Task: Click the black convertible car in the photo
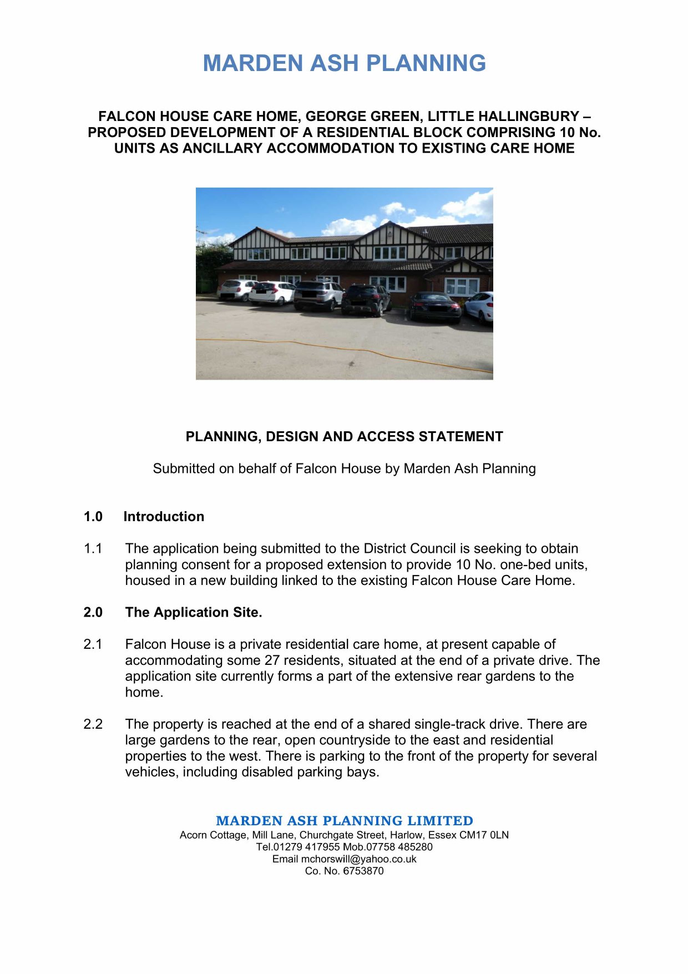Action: tap(435, 307)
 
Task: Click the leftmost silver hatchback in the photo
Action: tap(236, 289)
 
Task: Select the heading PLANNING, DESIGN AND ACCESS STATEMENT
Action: tap(344, 437)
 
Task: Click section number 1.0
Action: tap(93, 517)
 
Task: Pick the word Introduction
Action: tap(164, 517)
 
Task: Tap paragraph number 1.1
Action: tap(93, 549)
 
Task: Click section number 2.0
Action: tap(93, 613)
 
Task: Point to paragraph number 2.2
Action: tap(93, 724)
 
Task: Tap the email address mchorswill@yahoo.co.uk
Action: tap(358, 859)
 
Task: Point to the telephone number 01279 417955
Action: tap(306, 847)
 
